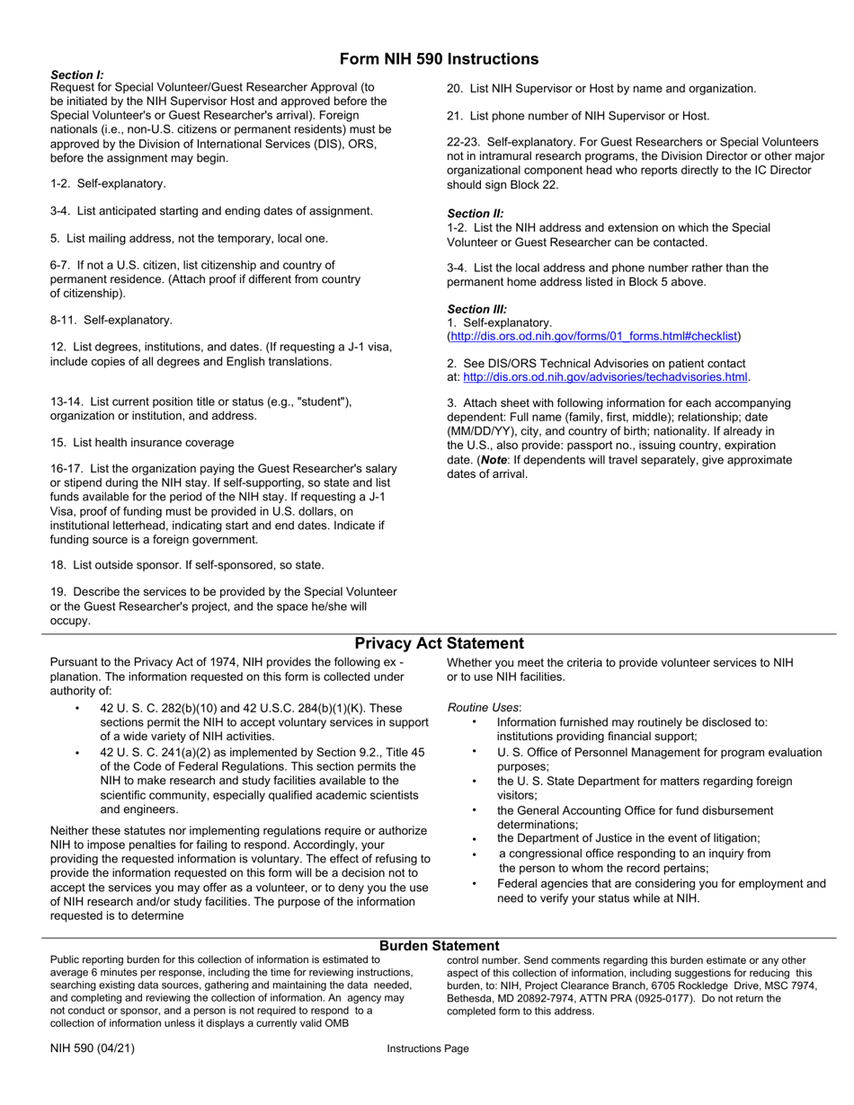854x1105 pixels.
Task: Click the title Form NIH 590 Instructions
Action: (x=439, y=59)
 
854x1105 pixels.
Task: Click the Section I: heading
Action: (x=77, y=75)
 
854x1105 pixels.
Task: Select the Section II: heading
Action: (x=476, y=214)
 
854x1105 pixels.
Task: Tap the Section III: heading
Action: (x=477, y=308)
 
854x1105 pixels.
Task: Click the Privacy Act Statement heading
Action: (x=439, y=643)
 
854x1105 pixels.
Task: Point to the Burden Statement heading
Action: (x=439, y=946)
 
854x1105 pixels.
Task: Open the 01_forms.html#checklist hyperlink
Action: (x=594, y=336)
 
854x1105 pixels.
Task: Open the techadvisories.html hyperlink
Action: (x=605, y=376)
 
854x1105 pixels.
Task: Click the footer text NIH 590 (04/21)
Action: (x=93, y=1048)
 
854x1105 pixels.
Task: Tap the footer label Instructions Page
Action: (x=428, y=1048)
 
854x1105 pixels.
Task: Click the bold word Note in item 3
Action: (x=494, y=460)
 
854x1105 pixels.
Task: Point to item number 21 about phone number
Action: (x=455, y=116)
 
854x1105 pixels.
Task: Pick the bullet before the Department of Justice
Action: (x=474, y=838)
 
